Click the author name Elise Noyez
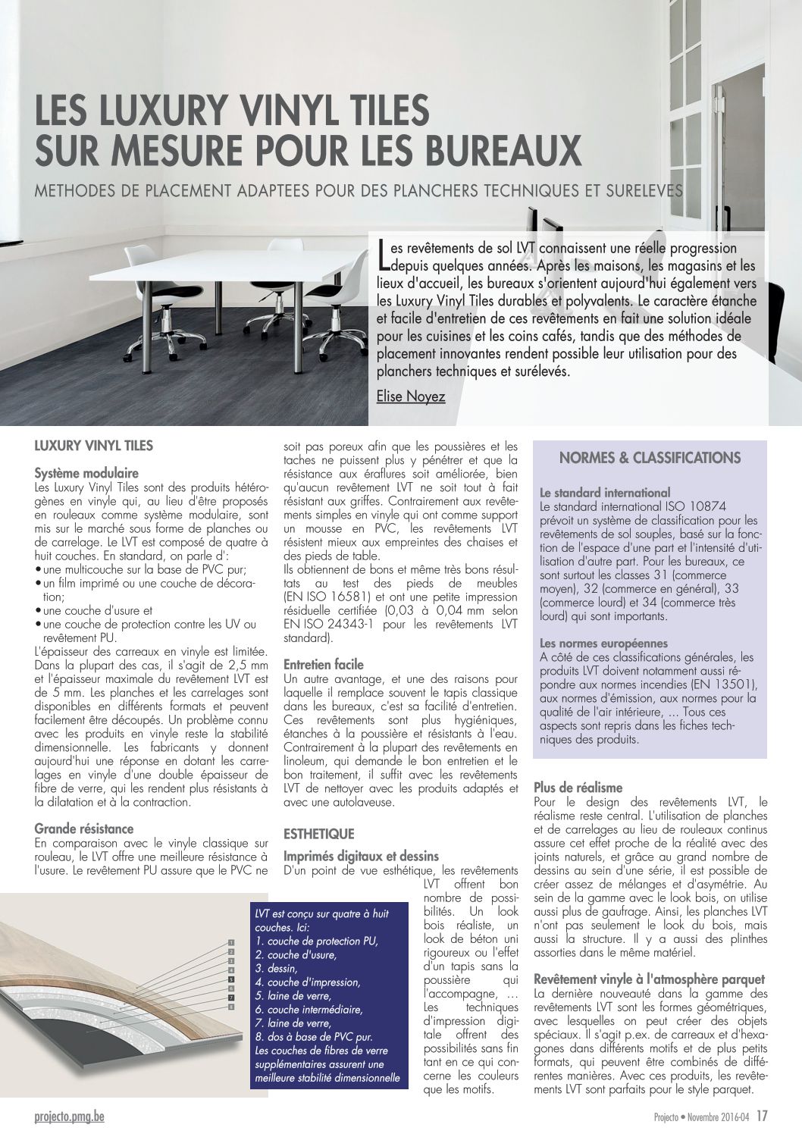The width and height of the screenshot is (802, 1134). click(x=410, y=396)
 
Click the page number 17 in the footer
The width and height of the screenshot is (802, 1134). click(x=762, y=1116)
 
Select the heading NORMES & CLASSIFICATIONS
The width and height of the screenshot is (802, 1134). click(x=650, y=458)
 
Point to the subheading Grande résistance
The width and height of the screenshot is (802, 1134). click(x=84, y=829)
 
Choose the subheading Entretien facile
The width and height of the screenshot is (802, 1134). click(x=324, y=664)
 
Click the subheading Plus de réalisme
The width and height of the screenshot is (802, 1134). click(x=578, y=788)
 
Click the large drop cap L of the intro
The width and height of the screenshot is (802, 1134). click(x=384, y=255)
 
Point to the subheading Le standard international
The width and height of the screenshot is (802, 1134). click(x=605, y=493)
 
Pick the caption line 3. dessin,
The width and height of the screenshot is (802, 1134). click(x=277, y=968)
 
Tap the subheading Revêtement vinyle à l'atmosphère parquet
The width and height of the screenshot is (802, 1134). click(x=650, y=979)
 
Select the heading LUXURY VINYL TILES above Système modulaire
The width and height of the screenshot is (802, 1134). click(x=94, y=446)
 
